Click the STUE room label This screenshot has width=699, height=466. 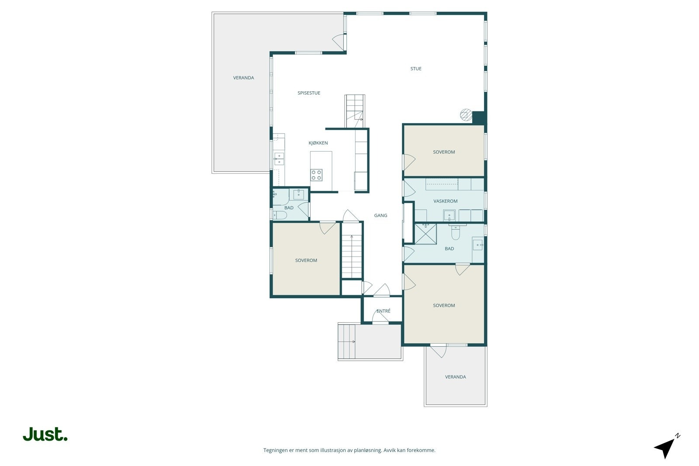(x=415, y=69)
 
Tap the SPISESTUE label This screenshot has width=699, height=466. (x=308, y=93)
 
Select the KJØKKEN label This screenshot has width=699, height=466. (x=318, y=143)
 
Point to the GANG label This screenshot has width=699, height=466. (x=381, y=215)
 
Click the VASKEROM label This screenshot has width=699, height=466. (x=445, y=201)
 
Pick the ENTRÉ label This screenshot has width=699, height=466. (x=383, y=311)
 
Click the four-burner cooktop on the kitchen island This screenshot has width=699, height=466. (x=316, y=175)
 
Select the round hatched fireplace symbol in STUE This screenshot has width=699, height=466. (x=466, y=114)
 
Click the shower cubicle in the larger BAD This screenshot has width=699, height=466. (x=426, y=234)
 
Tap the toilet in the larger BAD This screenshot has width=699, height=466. (x=456, y=232)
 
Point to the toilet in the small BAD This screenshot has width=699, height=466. (x=280, y=215)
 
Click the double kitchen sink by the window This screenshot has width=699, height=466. (x=279, y=159)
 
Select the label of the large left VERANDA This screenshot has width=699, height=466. (x=243, y=78)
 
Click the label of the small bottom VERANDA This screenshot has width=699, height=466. (x=455, y=377)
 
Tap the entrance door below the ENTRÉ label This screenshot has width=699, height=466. (x=381, y=318)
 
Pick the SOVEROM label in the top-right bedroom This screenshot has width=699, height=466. (x=444, y=152)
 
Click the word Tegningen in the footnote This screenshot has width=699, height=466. (x=275, y=450)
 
